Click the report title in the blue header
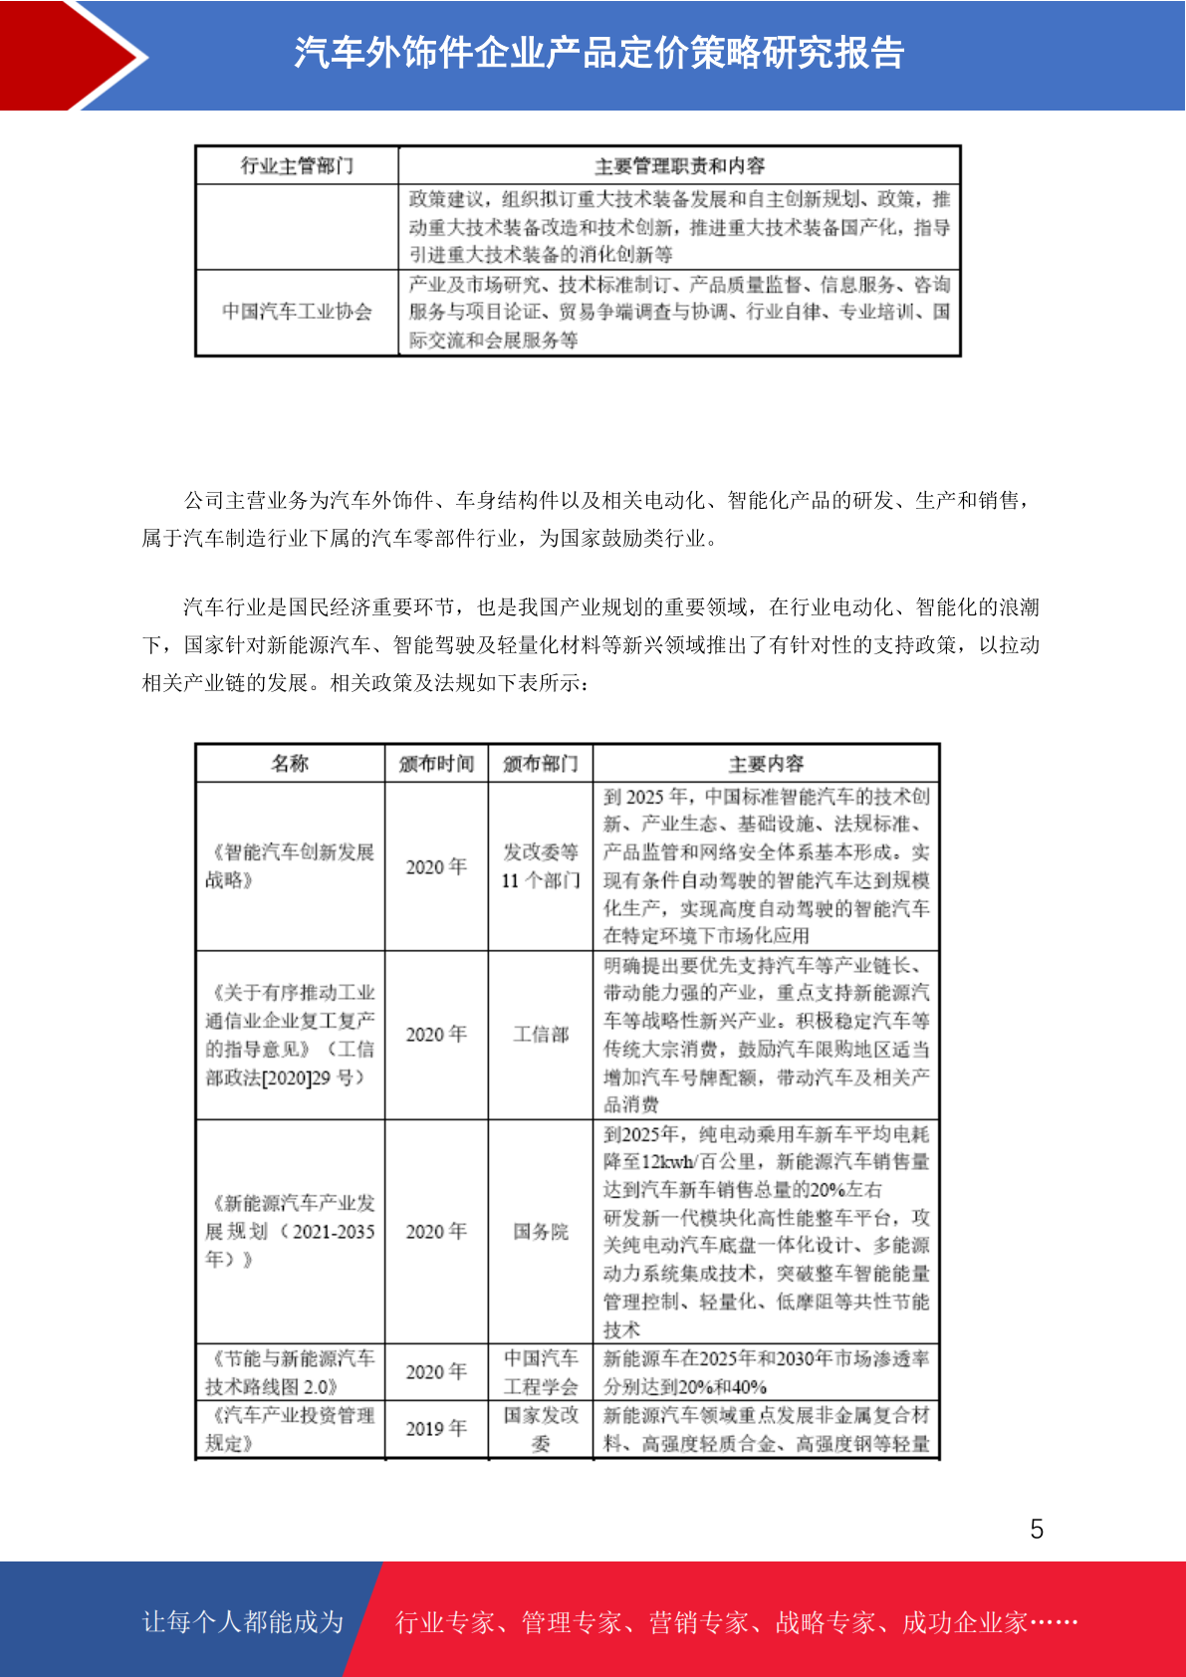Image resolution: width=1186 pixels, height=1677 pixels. pos(598,53)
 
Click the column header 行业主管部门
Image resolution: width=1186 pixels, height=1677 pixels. pos(297,165)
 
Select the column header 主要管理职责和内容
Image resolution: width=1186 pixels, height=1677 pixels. pos(679,165)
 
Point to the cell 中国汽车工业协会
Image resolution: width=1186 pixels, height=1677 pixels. pos(297,312)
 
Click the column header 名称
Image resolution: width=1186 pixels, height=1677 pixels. pos(290,764)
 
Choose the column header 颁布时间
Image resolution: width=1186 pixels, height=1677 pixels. pos(436,764)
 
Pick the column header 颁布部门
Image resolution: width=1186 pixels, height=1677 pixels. pos(541,764)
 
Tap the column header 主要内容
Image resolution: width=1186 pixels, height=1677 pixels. pos(766,764)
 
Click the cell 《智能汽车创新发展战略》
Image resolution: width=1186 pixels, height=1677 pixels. pos(290,865)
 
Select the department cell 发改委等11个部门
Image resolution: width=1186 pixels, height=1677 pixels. pos(541,865)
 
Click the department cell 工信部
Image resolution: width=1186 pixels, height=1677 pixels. pos(541,1035)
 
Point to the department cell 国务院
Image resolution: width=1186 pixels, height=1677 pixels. pos(541,1232)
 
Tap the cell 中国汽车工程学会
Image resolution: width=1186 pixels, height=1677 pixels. pos(541,1372)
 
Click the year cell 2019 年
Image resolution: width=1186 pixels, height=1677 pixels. pos(436,1429)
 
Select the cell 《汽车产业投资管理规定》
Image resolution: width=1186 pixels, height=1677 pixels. pos(290,1429)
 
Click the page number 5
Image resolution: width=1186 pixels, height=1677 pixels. pos(1037,1530)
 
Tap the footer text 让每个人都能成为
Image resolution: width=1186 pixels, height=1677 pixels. pos(243,1622)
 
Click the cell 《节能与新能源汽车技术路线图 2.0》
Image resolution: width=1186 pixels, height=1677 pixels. pos(290,1372)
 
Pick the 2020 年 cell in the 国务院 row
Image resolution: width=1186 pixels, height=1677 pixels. pos(436,1232)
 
